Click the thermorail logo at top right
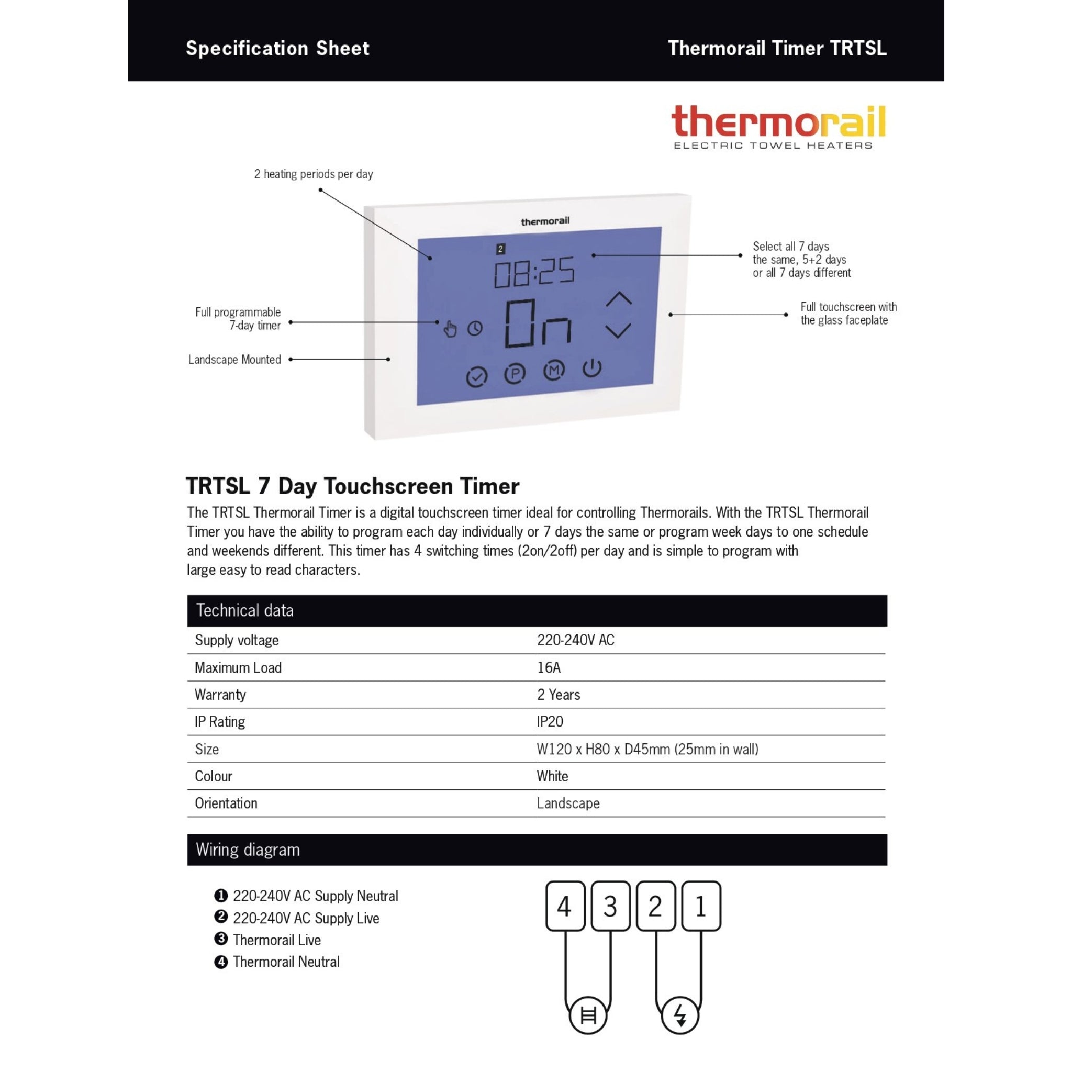[x=778, y=127]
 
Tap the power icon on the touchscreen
[x=592, y=368]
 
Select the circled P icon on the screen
[x=515, y=373]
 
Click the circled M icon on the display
[x=553, y=370]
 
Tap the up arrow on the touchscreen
[x=619, y=299]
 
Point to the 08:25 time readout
[x=534, y=272]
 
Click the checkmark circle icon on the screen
[x=476, y=377]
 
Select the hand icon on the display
[x=450, y=329]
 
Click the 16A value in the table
[x=548, y=667]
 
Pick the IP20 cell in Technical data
[x=549, y=721]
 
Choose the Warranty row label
[x=220, y=695]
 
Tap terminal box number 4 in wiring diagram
[x=565, y=906]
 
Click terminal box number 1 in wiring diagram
[x=701, y=906]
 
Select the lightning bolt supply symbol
[x=680, y=1015]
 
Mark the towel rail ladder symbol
[x=588, y=1015]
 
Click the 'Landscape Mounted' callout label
[x=234, y=360]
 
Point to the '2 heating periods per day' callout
[x=314, y=174]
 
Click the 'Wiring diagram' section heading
[x=248, y=850]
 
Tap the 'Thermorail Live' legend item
[x=276, y=940]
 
